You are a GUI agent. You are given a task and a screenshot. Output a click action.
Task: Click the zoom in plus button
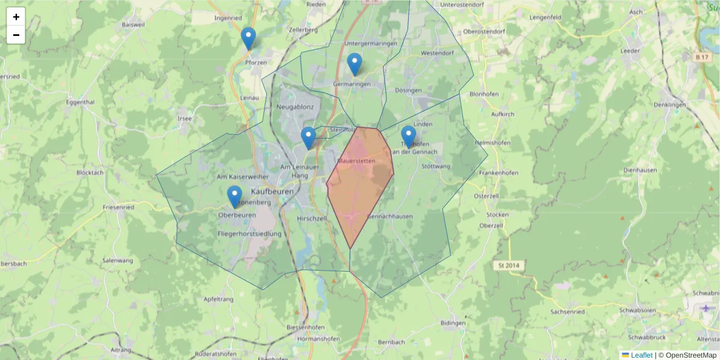pos(16,17)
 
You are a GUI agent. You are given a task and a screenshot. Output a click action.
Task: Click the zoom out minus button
pos(16,35)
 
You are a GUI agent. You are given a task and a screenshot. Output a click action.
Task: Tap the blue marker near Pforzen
pos(248,38)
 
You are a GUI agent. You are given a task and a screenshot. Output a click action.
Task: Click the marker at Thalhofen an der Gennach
pos(409,137)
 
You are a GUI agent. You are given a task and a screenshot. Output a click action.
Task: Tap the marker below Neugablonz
pos(308,138)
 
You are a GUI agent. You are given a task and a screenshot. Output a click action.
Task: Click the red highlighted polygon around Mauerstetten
pos(360,186)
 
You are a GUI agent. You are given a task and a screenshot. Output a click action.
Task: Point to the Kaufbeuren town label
pos(272,191)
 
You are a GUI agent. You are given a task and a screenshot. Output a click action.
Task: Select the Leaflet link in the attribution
pos(641,355)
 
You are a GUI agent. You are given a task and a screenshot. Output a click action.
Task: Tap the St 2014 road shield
pos(508,265)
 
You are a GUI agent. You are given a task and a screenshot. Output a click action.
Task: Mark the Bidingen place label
pos(452,323)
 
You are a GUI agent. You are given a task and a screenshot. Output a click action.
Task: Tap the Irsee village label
pos(185,118)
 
